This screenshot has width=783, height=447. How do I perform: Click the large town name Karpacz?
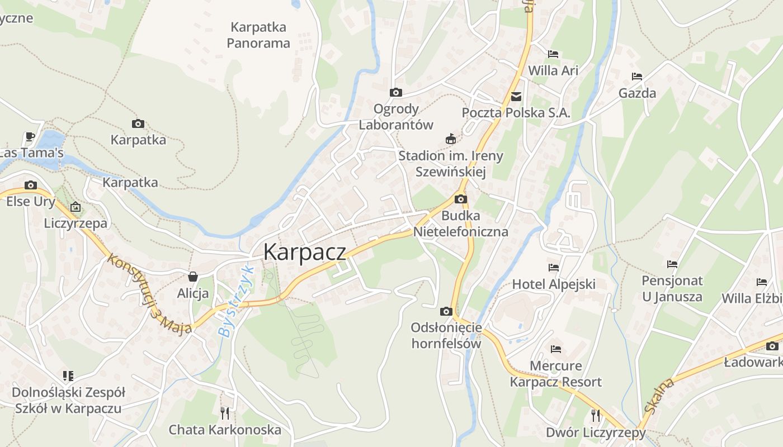pos(304,252)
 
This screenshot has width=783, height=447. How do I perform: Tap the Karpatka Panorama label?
pos(258,35)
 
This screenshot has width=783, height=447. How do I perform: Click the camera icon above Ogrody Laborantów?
pos(396,93)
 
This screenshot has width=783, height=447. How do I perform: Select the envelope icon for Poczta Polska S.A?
pos(516,97)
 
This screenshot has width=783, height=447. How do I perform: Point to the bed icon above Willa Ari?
pos(553,54)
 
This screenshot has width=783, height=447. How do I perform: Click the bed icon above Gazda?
pos(636,77)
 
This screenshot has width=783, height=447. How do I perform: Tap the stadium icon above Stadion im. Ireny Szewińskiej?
pos(450,139)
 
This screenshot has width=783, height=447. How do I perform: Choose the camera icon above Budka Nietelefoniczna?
pos(460,199)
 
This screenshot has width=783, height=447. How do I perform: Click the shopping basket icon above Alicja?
pos(193,277)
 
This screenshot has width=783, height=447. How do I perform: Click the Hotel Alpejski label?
pos(554,284)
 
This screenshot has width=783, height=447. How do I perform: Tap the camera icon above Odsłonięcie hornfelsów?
pos(446,311)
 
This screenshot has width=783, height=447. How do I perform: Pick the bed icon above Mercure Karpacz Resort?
pos(555,349)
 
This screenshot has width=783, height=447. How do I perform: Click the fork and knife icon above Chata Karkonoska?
pos(225,413)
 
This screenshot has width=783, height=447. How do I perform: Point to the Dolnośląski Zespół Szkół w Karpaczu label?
pos(68,400)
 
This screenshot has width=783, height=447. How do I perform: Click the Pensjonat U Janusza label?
pos(672,288)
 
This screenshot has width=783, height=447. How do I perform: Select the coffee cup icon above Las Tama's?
pos(30,136)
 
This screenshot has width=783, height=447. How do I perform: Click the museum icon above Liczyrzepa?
pos(76,207)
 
